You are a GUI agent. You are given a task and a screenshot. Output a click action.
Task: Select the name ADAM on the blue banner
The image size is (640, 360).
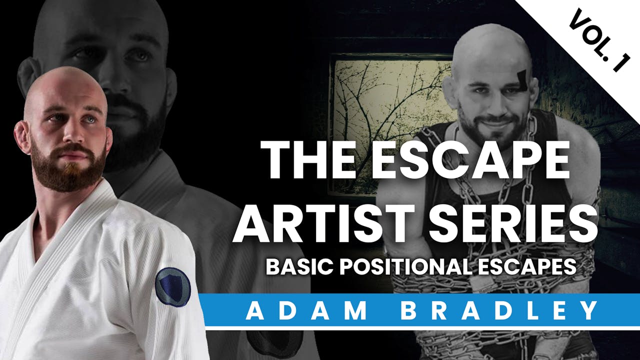click(x=306, y=310)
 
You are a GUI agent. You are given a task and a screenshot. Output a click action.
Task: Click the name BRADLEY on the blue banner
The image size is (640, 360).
click(x=499, y=310)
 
